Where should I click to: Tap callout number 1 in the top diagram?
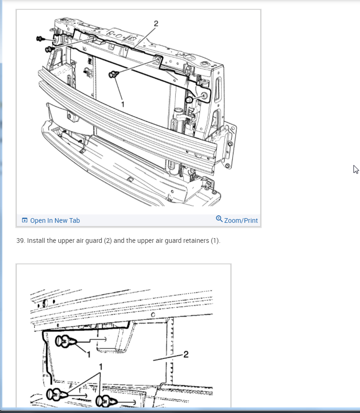(x=123, y=104)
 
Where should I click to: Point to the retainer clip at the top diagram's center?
(x=114, y=74)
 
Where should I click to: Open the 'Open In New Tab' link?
(x=55, y=220)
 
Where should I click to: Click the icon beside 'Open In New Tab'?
(x=25, y=220)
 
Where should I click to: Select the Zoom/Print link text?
(x=241, y=220)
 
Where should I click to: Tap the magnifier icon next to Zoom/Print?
(x=219, y=219)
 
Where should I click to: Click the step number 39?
(x=20, y=241)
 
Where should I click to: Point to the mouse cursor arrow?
(x=356, y=169)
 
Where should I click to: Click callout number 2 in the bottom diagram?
(x=186, y=355)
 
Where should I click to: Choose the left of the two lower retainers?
(x=57, y=394)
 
